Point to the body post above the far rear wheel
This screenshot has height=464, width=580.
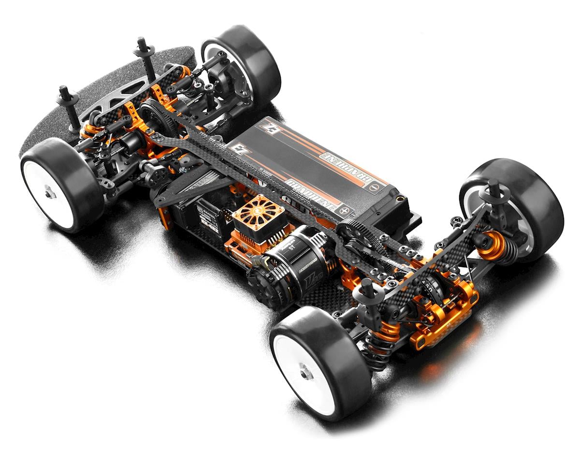click(494, 193)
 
